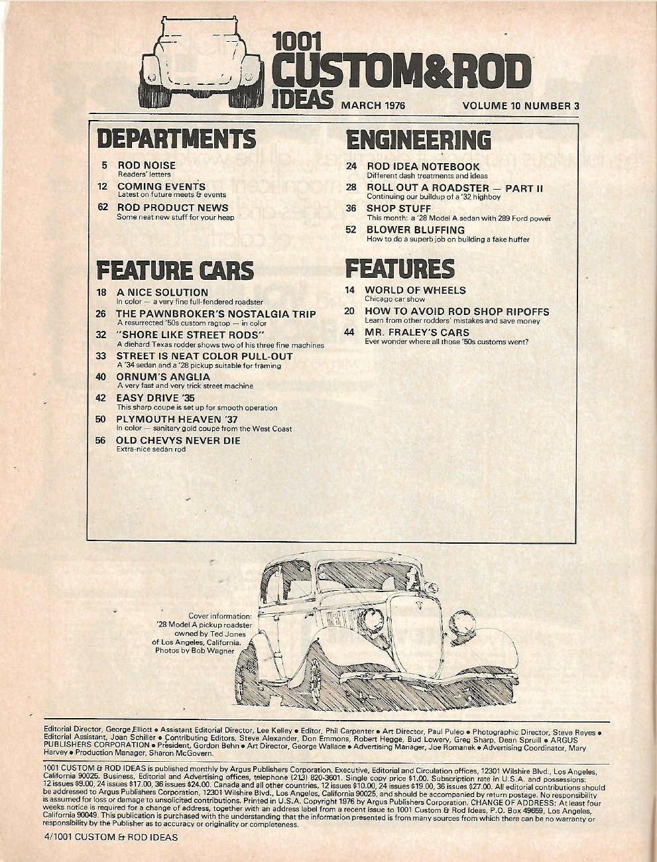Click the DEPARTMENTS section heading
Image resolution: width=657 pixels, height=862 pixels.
(176, 139)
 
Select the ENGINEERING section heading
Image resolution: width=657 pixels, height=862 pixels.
(418, 139)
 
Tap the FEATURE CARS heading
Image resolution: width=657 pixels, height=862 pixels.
(175, 270)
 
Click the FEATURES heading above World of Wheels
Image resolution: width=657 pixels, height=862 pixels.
(400, 269)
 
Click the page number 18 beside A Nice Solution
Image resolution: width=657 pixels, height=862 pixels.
(102, 292)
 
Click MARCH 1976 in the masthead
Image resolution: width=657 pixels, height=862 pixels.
(372, 105)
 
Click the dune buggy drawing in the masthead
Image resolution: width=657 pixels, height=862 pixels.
(203, 63)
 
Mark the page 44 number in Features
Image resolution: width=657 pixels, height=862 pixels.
(349, 332)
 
